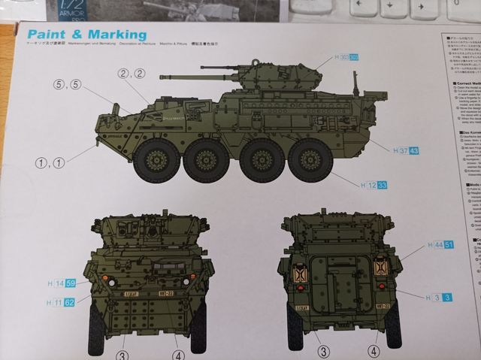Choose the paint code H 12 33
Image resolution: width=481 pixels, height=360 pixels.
(374, 185)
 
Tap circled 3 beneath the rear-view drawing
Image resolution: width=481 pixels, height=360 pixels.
(322, 352)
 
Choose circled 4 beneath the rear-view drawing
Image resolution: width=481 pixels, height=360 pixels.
(373, 351)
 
